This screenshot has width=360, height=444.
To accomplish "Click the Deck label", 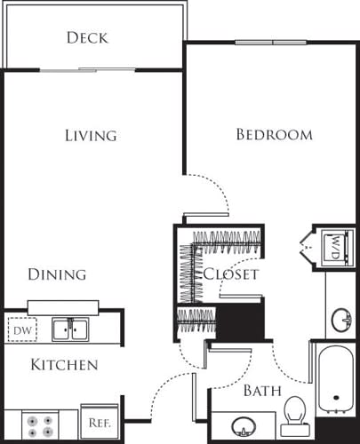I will [87, 37].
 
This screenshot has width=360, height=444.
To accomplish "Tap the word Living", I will [91, 136].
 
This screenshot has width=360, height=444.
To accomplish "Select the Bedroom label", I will [274, 135].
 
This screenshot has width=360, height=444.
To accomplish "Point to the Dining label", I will [56, 274].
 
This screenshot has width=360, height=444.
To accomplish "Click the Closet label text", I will [231, 274].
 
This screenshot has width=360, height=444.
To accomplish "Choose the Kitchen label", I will [64, 365].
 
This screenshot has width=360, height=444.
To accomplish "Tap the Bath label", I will [262, 391].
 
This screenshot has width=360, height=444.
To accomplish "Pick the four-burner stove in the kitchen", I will [40, 425].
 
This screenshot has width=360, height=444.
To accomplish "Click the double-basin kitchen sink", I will [69, 330].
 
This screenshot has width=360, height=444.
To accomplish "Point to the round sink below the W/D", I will [341, 317].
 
